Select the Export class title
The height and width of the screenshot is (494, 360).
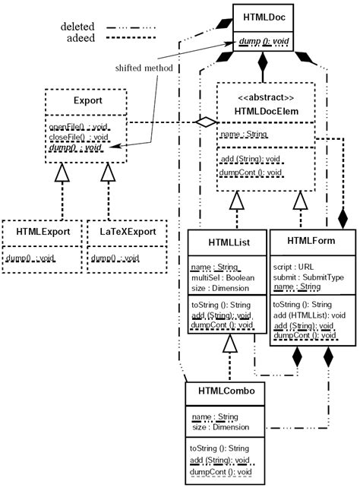87,100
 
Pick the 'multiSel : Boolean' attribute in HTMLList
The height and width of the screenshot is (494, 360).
226,279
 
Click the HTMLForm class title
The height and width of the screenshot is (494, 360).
311,241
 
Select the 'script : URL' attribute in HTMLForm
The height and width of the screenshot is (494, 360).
293,267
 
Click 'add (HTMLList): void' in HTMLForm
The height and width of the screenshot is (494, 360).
309,314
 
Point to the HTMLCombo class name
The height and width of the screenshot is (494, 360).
226,391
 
